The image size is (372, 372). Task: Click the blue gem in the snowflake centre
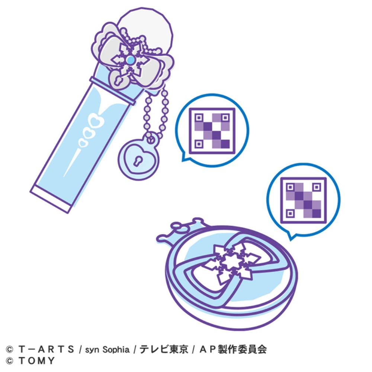[x=130, y=60]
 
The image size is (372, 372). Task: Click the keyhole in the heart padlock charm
[x=137, y=161]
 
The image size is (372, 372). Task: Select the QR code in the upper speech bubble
[x=212, y=131]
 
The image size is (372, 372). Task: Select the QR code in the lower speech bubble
[x=303, y=200]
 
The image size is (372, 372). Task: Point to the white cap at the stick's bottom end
[x=51, y=199]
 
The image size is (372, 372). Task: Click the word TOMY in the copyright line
[x=37, y=360]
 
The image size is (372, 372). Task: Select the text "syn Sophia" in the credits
[x=107, y=349]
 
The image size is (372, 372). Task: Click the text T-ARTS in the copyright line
[x=46, y=349]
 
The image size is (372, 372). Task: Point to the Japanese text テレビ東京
[x=164, y=349]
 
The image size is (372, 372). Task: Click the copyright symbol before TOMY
[x=10, y=361]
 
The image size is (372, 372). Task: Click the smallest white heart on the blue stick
[x=83, y=143]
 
